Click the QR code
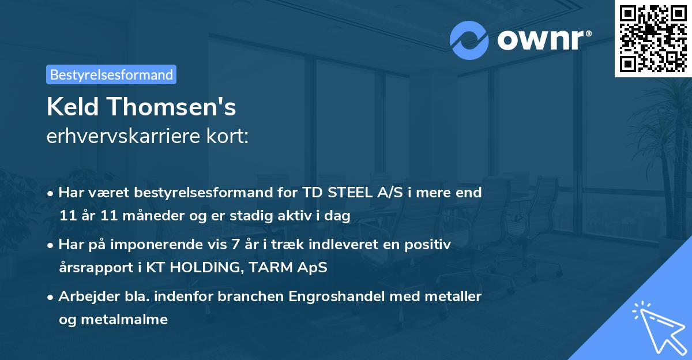653,38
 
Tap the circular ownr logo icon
469,40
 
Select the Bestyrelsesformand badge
111,74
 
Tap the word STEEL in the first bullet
345,193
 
